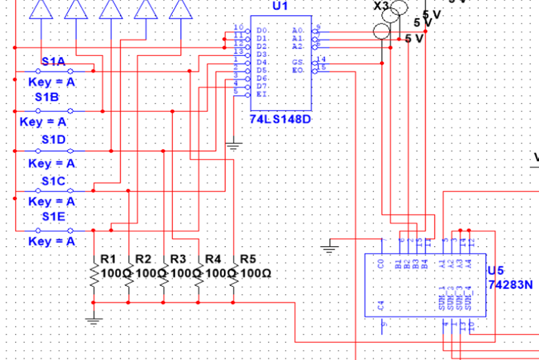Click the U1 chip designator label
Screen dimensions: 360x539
tap(280, 6)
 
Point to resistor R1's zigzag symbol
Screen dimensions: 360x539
tap(94, 278)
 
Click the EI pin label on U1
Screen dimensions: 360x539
tap(261, 94)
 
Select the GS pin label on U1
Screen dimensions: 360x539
tap(298, 62)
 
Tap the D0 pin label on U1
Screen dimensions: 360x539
tap(261, 31)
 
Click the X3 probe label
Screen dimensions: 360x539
tap(381, 6)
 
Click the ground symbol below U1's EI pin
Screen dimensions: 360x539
tap(234, 146)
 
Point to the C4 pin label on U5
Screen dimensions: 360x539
tap(381, 305)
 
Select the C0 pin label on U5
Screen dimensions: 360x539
tap(381, 264)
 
